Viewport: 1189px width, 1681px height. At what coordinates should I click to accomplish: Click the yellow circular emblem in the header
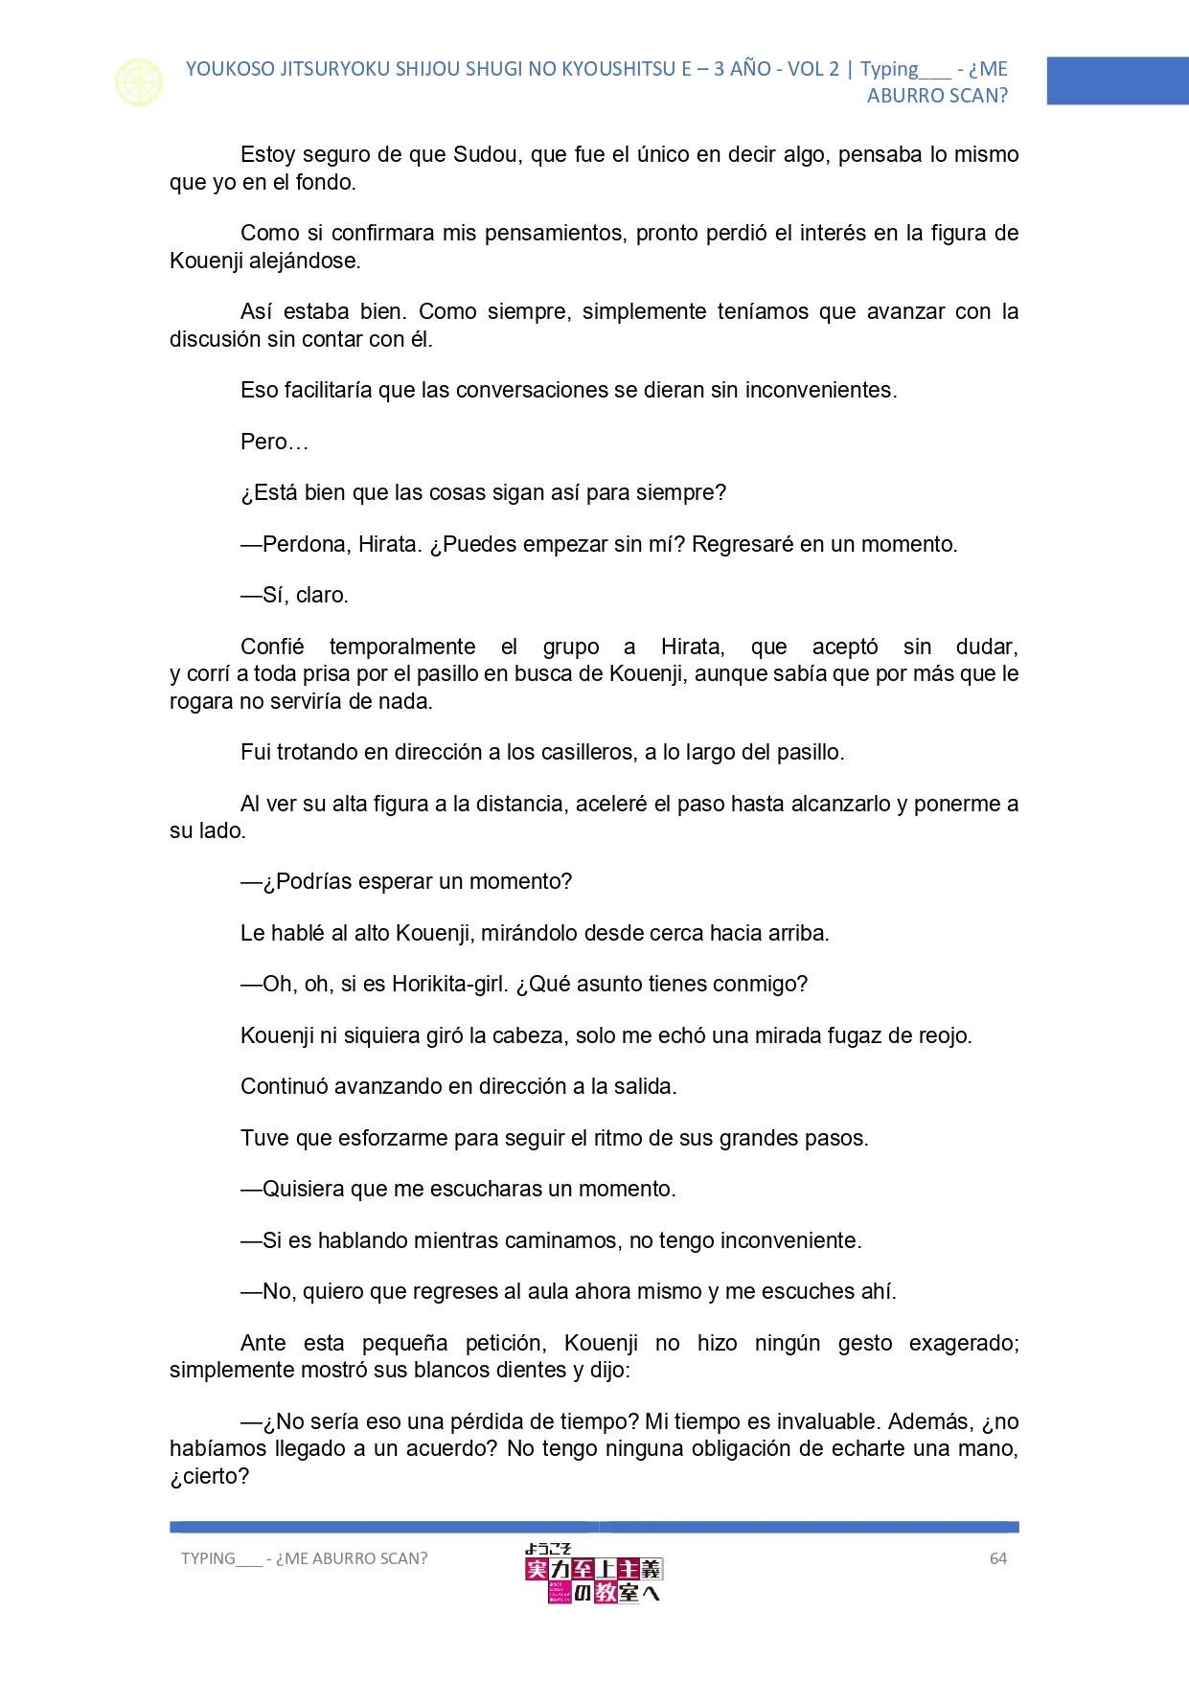pos(139,82)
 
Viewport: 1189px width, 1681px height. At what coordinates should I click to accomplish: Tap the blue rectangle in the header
pos(1117,81)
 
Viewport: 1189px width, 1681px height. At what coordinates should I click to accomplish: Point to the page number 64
pos(998,1558)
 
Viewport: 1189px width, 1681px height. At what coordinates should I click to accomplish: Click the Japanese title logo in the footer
pos(594,1574)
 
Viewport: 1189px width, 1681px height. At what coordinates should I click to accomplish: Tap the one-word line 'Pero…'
pos(274,443)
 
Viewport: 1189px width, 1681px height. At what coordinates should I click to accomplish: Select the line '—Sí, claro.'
pos(295,596)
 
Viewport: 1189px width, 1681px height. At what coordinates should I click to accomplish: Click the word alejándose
pos(305,261)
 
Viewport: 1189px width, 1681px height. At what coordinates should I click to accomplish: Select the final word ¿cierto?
pos(209,1477)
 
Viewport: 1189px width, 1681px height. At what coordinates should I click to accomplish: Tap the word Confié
pos(272,647)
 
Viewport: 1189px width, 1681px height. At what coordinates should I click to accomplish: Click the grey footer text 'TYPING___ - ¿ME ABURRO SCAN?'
pos(305,1558)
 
